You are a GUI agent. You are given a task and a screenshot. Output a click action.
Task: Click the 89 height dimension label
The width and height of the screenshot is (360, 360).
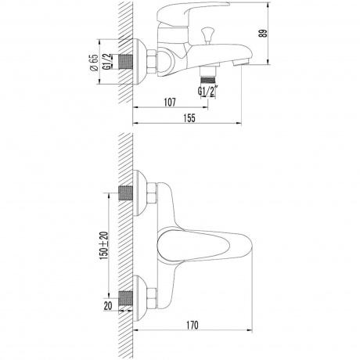point(265,33)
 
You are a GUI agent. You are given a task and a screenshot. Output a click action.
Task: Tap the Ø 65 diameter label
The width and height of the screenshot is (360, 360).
point(94,62)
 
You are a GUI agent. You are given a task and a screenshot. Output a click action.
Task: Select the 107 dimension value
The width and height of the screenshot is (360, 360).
point(170,103)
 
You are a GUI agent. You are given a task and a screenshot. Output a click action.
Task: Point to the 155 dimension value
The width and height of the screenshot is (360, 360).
point(189,118)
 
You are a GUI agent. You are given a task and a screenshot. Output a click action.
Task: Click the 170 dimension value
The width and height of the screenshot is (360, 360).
point(193,326)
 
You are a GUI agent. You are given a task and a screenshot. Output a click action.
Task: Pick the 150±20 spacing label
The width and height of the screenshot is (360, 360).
point(103,245)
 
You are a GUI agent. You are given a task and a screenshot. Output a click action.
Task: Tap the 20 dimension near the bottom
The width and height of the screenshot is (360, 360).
point(108,306)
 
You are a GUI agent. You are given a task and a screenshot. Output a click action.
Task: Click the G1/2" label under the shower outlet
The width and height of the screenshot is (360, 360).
point(208,92)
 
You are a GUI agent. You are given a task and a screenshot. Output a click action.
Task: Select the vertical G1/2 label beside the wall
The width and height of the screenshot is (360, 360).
point(107,62)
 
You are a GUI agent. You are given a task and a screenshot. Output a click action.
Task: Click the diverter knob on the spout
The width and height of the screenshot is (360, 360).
point(207,34)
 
